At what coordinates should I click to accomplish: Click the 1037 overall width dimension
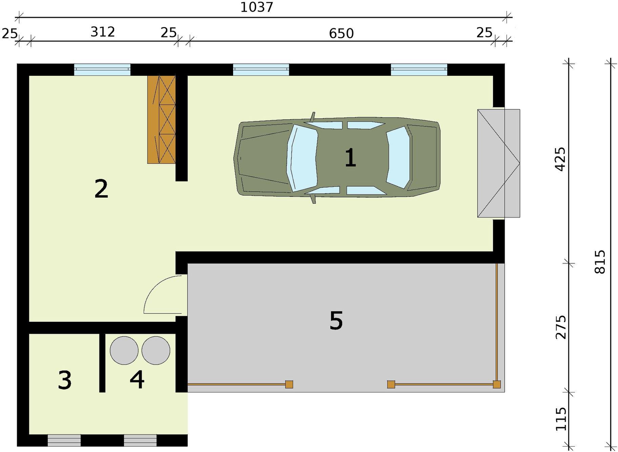256,7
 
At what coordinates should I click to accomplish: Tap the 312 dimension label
103,32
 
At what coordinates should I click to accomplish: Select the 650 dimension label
341,33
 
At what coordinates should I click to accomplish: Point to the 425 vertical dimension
561,159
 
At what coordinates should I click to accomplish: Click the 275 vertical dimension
561,327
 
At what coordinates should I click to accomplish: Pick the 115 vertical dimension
561,419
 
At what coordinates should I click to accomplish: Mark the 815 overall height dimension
600,262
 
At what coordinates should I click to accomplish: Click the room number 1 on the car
350,158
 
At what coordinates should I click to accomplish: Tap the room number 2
101,189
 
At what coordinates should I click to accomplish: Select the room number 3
65,380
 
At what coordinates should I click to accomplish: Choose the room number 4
137,379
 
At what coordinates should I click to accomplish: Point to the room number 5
336,320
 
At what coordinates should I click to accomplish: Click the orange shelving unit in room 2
162,119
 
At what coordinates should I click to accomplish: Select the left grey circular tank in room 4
124,351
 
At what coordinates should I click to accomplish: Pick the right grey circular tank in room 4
156,351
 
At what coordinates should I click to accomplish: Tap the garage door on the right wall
498,163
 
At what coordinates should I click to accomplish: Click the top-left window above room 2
102,70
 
